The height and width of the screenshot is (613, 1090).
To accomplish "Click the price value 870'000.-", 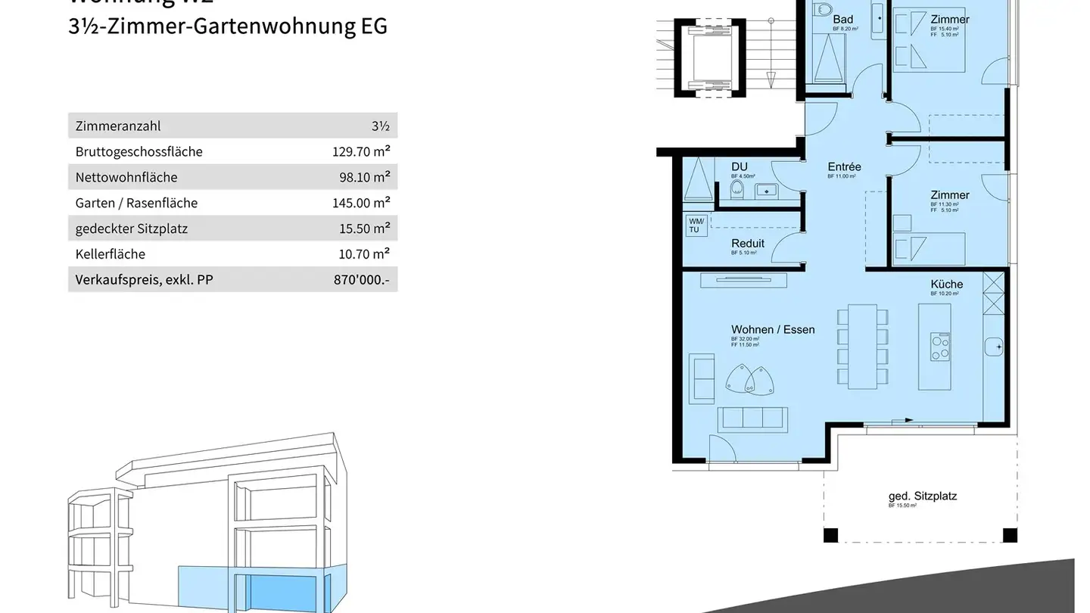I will coord(361,280).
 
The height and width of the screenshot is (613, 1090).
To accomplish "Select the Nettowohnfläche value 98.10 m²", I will coord(364,177).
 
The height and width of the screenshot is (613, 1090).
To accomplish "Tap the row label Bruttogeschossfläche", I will coord(139,151).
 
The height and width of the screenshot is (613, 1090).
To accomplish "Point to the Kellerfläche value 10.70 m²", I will coord(364,254).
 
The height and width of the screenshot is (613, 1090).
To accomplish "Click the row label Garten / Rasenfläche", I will coord(136,203).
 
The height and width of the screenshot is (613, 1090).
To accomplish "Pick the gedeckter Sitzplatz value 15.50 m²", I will coord(364,229).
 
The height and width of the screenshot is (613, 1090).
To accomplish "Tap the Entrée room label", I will coord(844,167).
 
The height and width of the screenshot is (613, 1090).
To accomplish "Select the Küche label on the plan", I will coord(947,285).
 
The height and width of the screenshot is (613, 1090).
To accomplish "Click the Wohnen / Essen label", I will coord(773,330).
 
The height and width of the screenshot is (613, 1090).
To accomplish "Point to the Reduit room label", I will coord(748,244).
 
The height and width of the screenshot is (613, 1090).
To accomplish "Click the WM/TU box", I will coord(696,225).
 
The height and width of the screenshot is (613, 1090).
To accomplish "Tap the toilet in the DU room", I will coord(737,188).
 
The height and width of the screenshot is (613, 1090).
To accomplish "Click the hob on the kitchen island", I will coord(940,347).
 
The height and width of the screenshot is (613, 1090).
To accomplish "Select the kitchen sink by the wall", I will coord(995,347).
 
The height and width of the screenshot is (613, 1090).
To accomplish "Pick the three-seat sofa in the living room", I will coord(752,419).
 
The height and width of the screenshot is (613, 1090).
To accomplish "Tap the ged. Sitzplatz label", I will coord(922,496).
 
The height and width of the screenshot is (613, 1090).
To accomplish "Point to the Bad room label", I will coord(842,20).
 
